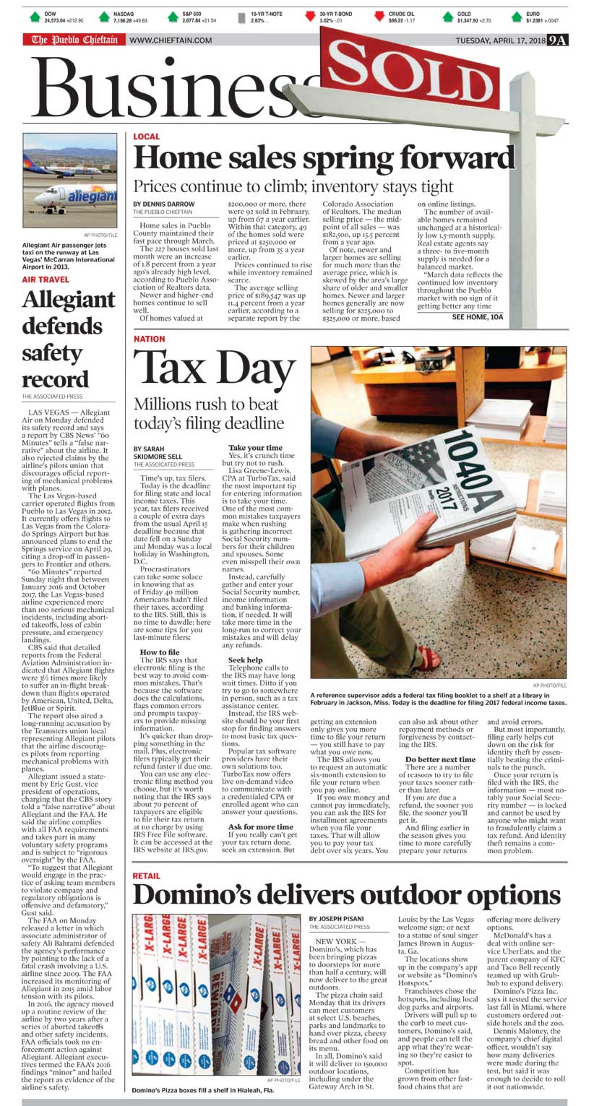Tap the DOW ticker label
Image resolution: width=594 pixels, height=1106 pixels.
(50, 14)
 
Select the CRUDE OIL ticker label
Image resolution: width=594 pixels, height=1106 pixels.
(402, 14)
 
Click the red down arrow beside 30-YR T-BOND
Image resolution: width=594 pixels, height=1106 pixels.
(311, 16)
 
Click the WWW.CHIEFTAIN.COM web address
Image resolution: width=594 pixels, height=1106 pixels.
(171, 40)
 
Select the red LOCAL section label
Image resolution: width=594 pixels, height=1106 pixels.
(147, 137)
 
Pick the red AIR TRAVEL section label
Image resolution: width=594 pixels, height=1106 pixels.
(46, 280)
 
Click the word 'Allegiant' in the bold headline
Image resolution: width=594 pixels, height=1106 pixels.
(68, 299)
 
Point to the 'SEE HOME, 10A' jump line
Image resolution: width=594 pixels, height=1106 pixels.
(477, 317)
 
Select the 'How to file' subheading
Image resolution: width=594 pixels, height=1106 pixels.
(159, 652)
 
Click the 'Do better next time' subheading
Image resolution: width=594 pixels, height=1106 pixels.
(440, 759)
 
